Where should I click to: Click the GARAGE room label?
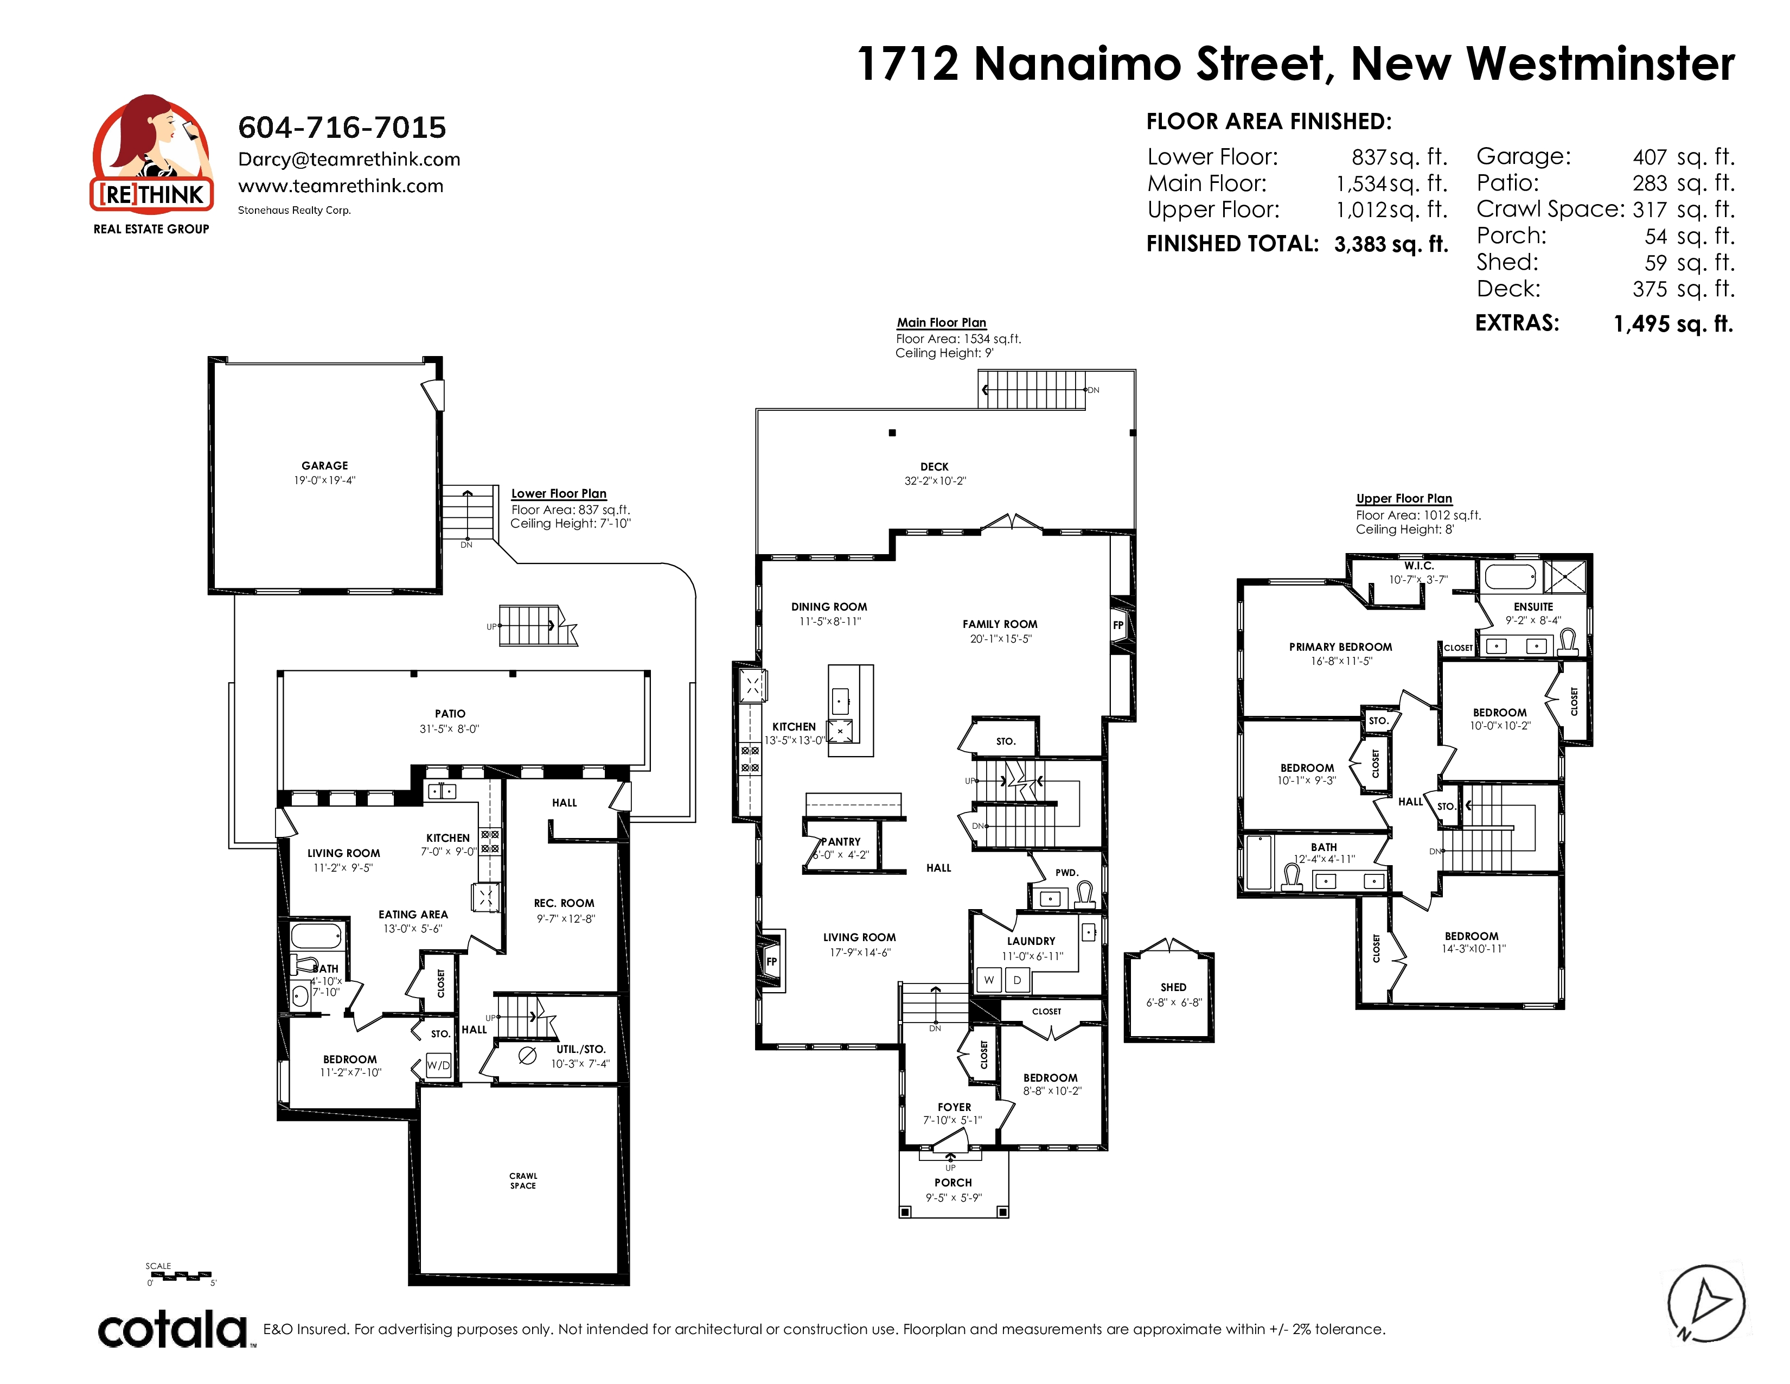(324, 466)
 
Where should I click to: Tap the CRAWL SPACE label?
(523, 1180)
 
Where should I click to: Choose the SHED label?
(1174, 987)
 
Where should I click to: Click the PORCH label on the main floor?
(953, 1182)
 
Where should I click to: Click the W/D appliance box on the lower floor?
(438, 1065)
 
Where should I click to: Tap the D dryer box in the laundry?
(1017, 980)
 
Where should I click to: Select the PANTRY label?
(841, 841)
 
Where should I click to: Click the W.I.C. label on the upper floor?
(1419, 566)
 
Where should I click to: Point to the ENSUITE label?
(1533, 607)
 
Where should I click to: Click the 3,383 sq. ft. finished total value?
(1391, 244)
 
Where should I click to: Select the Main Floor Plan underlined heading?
(942, 323)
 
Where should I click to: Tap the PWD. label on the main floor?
(1067, 872)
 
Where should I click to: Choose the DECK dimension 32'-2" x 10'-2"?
(935, 481)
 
